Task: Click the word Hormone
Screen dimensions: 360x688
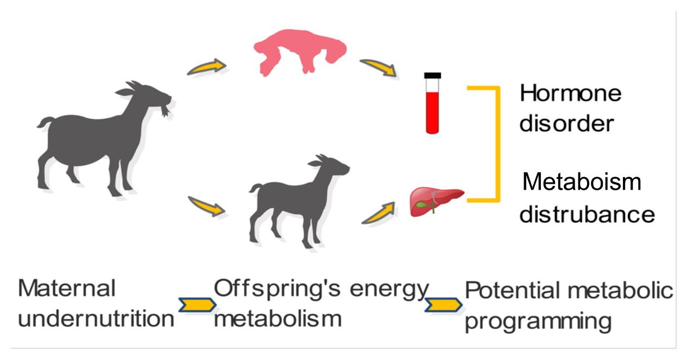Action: [x=570, y=94]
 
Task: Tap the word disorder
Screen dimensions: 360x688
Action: [x=566, y=123]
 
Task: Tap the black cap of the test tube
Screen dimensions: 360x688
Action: [x=432, y=75]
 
